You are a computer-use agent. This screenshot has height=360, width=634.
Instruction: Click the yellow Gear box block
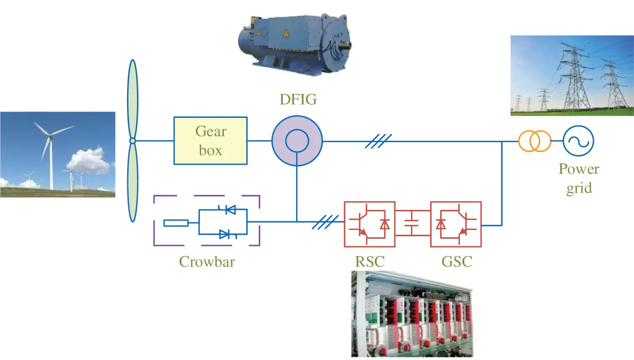[210, 140]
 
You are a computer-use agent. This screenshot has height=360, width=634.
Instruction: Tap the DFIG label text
[298, 100]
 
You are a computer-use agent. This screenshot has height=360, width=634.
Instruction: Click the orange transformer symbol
[534, 141]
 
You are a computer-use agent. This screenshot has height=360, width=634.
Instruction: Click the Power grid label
[579, 178]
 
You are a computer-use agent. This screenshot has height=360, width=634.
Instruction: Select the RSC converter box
[370, 224]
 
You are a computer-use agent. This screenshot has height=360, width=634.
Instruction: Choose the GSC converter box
[456, 224]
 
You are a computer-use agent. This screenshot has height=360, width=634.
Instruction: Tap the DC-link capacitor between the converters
[412, 223]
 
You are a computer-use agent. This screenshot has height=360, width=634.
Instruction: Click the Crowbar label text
[207, 262]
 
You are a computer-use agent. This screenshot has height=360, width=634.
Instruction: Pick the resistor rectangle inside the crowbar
[176, 223]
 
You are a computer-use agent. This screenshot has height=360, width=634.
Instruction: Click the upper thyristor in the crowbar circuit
[230, 210]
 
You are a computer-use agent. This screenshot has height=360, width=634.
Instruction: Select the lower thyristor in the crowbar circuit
[225, 234]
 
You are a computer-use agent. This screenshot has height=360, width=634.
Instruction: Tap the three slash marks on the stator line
[378, 141]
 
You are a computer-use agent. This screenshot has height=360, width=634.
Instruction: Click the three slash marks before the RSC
[325, 222]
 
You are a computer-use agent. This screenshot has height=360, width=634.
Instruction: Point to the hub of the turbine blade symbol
[133, 140]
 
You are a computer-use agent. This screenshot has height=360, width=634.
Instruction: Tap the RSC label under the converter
[370, 262]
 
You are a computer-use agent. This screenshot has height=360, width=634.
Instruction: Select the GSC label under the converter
[457, 262]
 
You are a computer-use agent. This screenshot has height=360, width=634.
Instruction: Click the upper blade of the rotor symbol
[133, 99]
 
